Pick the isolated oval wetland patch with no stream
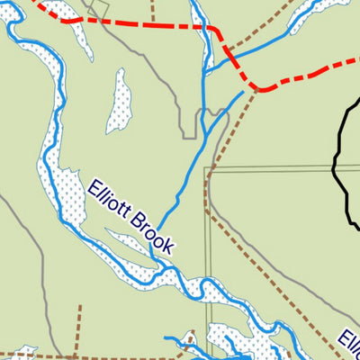118,99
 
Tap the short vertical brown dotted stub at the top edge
151,11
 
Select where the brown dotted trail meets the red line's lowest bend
258,90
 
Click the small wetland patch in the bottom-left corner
20,354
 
